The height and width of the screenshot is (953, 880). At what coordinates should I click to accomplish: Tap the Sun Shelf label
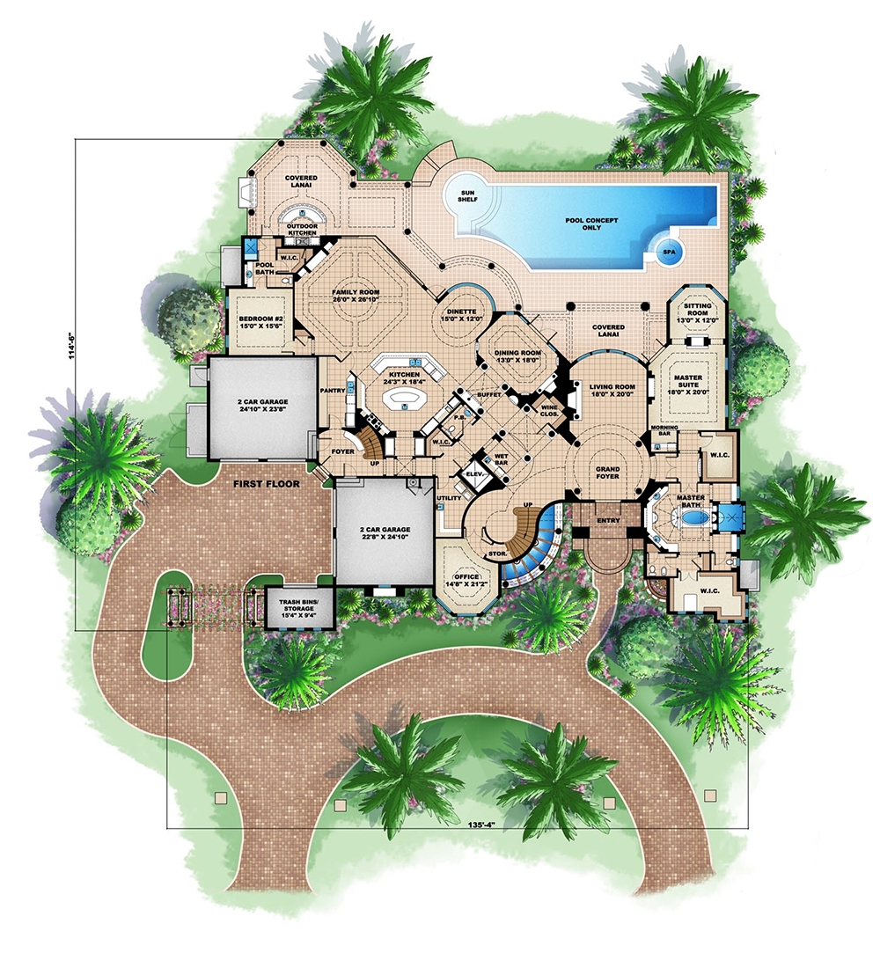point(466,195)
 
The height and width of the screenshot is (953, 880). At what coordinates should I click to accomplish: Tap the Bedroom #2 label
point(257,323)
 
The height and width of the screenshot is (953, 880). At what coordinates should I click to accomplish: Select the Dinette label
point(460,315)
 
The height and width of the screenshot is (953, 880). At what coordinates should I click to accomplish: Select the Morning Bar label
point(665,431)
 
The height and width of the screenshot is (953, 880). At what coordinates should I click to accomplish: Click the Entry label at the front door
point(607,520)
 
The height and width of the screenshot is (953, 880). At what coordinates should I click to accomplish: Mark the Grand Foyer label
point(608,473)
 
